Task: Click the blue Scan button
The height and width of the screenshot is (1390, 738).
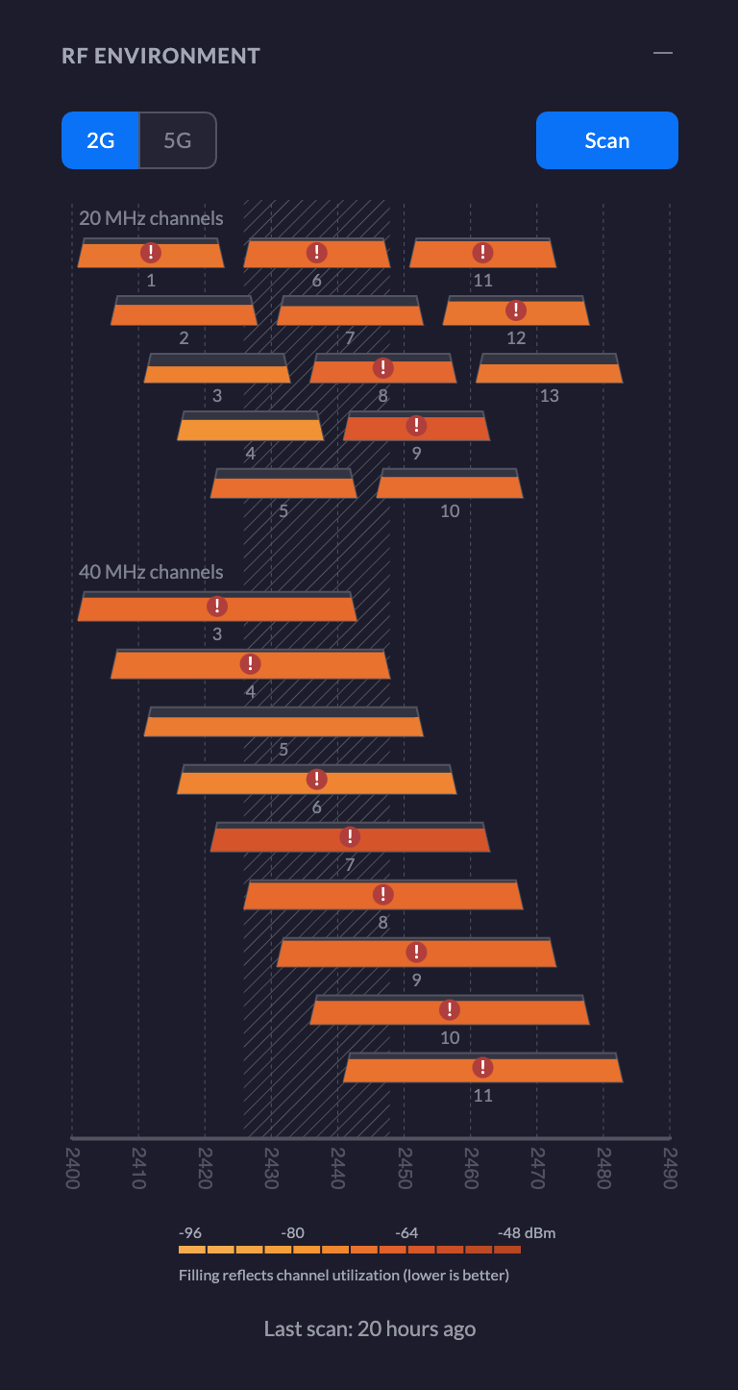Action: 606,140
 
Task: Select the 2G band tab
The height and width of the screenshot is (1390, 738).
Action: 101,140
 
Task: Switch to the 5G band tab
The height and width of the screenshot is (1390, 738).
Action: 178,140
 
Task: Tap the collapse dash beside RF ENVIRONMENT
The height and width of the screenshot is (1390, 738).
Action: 663,53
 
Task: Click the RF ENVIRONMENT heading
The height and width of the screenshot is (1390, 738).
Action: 160,56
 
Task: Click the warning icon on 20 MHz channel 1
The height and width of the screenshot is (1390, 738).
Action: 151,253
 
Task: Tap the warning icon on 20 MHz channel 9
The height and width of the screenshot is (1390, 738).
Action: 416,426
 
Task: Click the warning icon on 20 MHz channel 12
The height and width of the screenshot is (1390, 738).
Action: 516,310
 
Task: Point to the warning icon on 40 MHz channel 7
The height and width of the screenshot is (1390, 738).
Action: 351,837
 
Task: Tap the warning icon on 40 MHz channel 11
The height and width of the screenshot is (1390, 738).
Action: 482,1068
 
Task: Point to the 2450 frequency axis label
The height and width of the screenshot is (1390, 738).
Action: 404,1166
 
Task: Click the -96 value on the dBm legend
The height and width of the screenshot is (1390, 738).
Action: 190,1233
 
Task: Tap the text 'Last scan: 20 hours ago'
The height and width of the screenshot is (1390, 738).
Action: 369,1329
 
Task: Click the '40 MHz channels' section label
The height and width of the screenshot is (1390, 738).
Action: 151,572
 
